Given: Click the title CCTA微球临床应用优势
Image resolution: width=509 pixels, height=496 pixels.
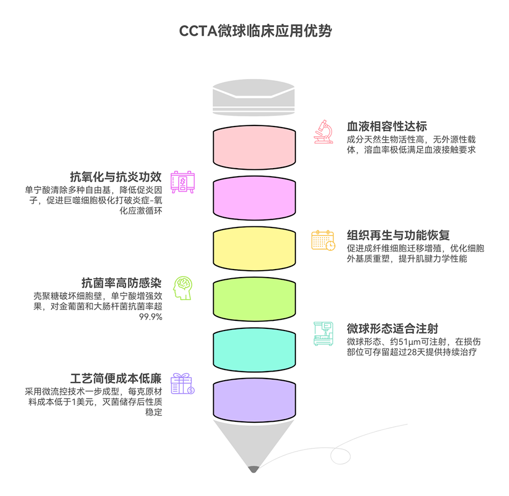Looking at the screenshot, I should coord(255,31).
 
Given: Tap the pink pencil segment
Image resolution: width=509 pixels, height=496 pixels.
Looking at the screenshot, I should coord(254,147).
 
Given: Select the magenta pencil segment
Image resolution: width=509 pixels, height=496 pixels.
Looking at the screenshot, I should coord(254,197).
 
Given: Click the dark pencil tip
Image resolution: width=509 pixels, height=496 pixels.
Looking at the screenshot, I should coord(254,469).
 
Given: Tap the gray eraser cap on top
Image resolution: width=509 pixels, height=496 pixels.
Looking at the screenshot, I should coord(254,99).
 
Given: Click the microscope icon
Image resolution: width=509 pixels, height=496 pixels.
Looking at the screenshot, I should coord(323,132).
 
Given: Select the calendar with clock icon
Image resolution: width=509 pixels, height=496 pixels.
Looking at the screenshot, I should coord(323,240).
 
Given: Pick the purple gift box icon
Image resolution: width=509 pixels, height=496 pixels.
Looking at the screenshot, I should coord(182,383).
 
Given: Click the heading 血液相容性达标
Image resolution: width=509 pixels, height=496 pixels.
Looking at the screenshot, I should coord(386,127).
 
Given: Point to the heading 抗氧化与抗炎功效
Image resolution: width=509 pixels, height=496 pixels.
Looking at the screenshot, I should coord(116,177).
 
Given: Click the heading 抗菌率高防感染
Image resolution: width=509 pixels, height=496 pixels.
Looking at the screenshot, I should coord(122,282).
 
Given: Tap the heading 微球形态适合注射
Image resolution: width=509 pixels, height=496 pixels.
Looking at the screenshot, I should coord(392,328).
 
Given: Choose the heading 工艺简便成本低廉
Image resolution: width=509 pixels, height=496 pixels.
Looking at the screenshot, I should coord(116,378).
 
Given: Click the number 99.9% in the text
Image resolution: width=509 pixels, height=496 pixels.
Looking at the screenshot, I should coord(151,317).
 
